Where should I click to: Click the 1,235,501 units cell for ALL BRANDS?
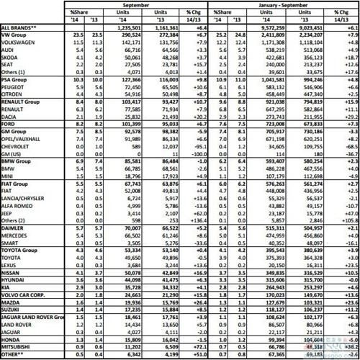point(145,26)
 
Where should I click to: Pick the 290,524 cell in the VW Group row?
point(147,34)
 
